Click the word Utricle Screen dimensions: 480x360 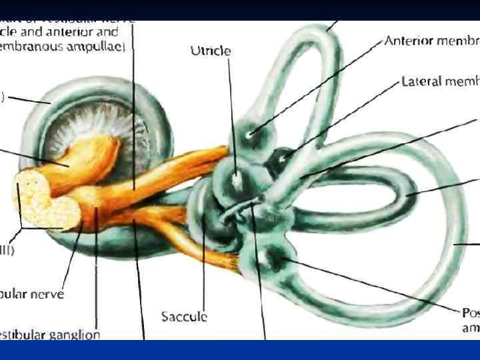coord(211,50)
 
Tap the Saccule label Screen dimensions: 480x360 coord(184,317)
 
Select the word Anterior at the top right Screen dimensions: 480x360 coord(410,41)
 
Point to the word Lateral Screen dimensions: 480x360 coord(421,81)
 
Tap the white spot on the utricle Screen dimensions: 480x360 coord(237,178)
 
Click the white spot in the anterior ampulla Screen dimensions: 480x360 coord(249,135)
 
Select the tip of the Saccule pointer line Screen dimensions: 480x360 coord(204,215)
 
